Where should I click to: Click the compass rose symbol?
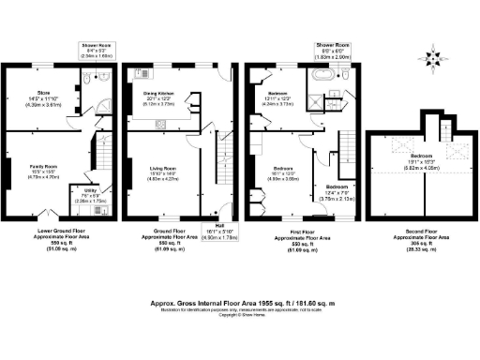click(x=432, y=57)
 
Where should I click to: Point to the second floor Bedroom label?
click(x=419, y=158)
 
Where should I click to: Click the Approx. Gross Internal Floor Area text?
click(x=240, y=304)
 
